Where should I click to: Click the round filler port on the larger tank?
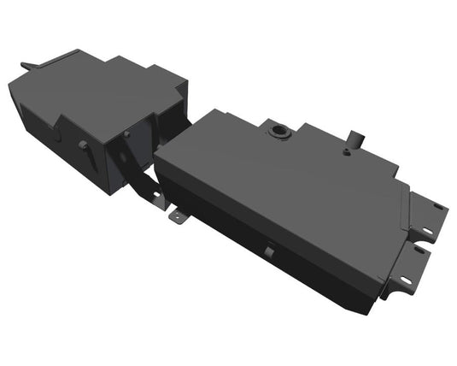tap(278, 131)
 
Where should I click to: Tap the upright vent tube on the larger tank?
tap(353, 138)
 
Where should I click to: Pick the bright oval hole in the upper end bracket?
tap(437, 207)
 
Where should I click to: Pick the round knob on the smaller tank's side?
tap(84, 145)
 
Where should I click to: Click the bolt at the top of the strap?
tap(126, 134)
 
